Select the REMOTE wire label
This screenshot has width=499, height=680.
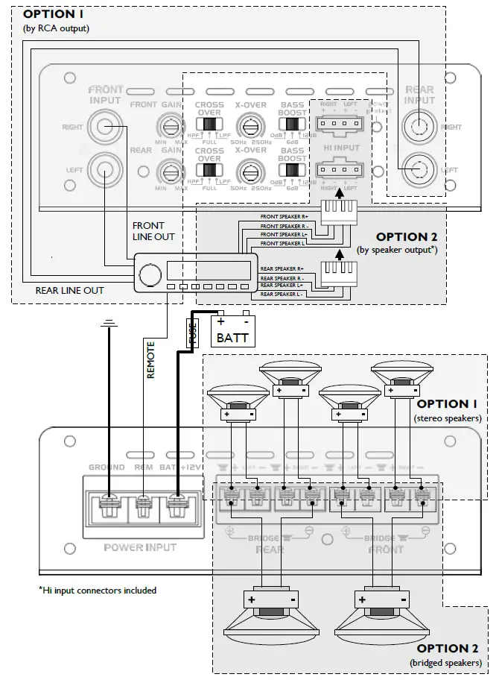(151, 360)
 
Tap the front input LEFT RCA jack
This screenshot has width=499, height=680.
(104, 169)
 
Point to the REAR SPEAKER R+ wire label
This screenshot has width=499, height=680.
(282, 268)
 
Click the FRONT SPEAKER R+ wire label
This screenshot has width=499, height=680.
(282, 217)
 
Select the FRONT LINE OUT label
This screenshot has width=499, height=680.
(153, 231)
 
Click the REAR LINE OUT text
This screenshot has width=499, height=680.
(70, 290)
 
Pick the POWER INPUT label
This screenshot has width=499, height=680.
(140, 547)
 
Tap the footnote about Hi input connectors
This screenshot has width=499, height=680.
(98, 591)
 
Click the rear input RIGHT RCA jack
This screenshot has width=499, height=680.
(419, 127)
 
